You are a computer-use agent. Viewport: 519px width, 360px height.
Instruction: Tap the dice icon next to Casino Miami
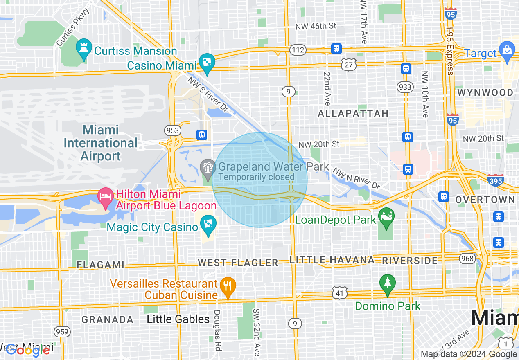(207, 63)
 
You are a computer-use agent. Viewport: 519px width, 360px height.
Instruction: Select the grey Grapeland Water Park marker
(208, 168)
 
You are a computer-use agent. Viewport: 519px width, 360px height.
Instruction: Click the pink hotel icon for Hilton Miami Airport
(106, 196)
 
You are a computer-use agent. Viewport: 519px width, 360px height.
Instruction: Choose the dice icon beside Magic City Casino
(208, 225)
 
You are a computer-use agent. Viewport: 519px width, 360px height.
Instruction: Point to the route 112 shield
(298, 50)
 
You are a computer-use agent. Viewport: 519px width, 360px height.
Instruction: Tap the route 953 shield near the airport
(172, 130)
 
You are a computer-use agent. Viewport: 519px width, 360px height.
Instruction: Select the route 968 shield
(467, 259)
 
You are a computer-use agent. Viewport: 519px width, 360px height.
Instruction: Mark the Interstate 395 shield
(496, 180)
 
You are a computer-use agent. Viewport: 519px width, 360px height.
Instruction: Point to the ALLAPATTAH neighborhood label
(353, 113)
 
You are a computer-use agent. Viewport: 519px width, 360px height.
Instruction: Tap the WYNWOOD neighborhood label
(485, 92)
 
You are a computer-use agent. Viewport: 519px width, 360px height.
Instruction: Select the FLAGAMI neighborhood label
(100, 265)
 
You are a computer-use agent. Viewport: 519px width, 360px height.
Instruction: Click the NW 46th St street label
(316, 26)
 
